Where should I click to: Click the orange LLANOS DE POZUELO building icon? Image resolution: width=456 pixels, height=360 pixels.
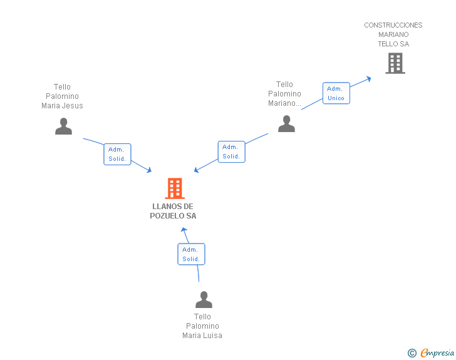click(x=175, y=188)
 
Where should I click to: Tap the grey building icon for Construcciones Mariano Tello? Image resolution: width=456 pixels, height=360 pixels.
click(x=395, y=63)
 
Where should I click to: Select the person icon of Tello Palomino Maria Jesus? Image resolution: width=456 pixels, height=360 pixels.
click(x=63, y=126)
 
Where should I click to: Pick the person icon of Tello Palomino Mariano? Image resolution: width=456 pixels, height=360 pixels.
click(x=286, y=123)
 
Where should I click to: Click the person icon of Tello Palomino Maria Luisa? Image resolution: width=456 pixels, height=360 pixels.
click(x=204, y=299)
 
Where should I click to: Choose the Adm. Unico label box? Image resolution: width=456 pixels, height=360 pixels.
click(x=336, y=93)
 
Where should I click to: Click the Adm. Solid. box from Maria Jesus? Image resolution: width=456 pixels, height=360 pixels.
click(x=118, y=154)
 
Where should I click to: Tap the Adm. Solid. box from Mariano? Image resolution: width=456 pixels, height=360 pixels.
click(x=232, y=152)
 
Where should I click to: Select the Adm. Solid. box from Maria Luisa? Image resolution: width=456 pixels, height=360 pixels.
click(x=192, y=254)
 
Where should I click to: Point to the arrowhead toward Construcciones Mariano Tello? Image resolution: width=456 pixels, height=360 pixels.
click(x=369, y=79)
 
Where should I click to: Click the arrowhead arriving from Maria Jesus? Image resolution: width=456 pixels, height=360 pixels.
click(x=150, y=170)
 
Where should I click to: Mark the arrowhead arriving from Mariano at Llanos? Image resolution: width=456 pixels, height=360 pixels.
click(x=196, y=170)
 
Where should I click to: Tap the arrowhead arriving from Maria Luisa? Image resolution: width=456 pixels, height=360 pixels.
click(x=184, y=230)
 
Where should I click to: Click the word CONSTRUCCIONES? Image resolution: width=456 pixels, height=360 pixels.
click(x=393, y=25)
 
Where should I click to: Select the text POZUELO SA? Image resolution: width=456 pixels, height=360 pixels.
click(x=173, y=216)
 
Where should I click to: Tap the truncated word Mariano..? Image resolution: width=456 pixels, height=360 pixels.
click(x=284, y=103)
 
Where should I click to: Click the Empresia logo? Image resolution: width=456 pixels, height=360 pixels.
click(x=437, y=352)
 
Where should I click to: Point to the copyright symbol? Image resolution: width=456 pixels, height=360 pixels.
click(x=412, y=353)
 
